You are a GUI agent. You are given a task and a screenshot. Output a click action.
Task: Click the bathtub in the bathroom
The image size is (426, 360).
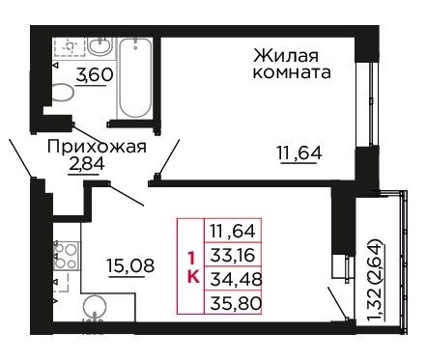(x=135, y=78)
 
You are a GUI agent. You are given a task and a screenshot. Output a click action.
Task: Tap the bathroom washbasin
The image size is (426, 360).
(x=100, y=47)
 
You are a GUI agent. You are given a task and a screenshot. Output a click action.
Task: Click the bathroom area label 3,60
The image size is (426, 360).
(x=95, y=75)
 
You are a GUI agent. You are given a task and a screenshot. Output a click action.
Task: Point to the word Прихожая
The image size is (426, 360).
(x=97, y=147)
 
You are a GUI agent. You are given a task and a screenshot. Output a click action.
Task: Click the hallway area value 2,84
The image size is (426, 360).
(x=86, y=164)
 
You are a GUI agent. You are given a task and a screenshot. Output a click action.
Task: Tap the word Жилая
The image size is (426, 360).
(x=286, y=55)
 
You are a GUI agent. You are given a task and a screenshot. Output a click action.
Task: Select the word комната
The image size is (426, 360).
(x=292, y=72)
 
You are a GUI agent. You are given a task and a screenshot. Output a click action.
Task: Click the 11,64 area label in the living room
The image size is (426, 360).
(x=299, y=152)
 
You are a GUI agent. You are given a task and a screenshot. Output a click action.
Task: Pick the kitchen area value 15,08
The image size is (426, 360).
(x=130, y=265)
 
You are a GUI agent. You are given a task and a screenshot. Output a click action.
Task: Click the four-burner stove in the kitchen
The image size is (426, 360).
(x=66, y=256)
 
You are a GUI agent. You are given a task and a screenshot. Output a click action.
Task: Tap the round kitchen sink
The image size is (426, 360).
(x=95, y=307)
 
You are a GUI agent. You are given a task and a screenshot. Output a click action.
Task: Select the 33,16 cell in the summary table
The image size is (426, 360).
(x=233, y=255)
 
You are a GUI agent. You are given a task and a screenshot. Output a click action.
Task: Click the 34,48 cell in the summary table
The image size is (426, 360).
(x=233, y=279)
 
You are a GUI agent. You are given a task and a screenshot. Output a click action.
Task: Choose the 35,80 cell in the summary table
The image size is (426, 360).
(x=233, y=302)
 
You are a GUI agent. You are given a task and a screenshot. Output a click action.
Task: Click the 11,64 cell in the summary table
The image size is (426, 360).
(x=233, y=231)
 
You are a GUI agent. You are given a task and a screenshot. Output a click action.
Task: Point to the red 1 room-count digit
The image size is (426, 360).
(x=191, y=259)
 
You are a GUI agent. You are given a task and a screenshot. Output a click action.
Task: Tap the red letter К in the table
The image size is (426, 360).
(x=193, y=276)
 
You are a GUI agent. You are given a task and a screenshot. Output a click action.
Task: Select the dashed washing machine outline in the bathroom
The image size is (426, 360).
(x=70, y=47)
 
